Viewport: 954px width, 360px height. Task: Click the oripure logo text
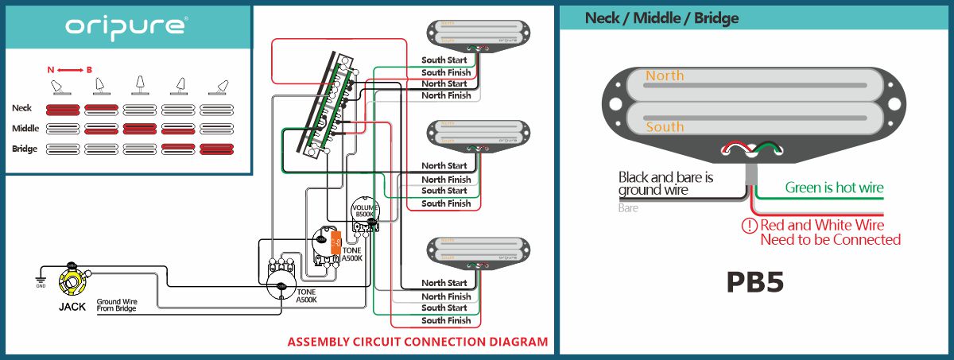coord(126,26)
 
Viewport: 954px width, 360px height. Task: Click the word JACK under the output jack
coord(72,305)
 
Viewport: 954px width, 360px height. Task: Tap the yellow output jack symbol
coord(72,280)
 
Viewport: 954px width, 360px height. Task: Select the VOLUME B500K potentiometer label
coord(364,211)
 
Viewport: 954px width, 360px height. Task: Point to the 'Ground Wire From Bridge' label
coord(116,305)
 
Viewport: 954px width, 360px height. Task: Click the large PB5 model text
coord(755,283)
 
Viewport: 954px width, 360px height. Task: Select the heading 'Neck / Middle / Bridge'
coord(661,18)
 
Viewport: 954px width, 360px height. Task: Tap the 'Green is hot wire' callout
coord(834,188)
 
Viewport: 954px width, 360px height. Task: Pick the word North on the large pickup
coord(665,76)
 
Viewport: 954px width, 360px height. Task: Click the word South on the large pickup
coord(665,127)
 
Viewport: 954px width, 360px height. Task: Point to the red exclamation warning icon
coord(749,226)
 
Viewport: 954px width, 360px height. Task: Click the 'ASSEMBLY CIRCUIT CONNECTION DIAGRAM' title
coord(417,343)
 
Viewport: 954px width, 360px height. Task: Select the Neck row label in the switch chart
coord(22,107)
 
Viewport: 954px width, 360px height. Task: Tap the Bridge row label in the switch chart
coord(25,149)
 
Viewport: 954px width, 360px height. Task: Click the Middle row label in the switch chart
coord(25,128)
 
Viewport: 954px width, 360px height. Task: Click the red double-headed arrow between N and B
coord(70,71)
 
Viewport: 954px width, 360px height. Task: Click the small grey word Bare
coord(628,208)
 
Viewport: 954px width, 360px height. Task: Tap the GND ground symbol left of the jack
coord(41,278)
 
